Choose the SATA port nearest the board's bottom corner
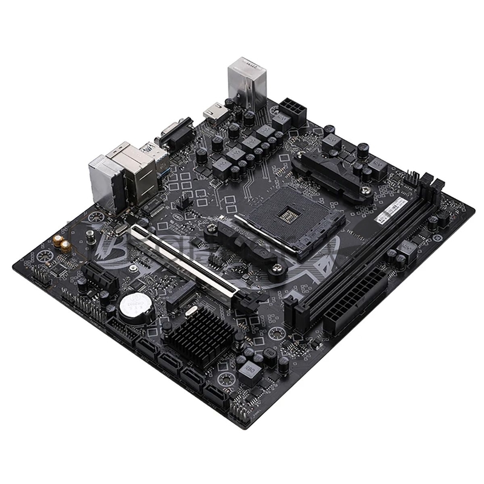[x=217, y=397]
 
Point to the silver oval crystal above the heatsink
[x=191, y=311]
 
